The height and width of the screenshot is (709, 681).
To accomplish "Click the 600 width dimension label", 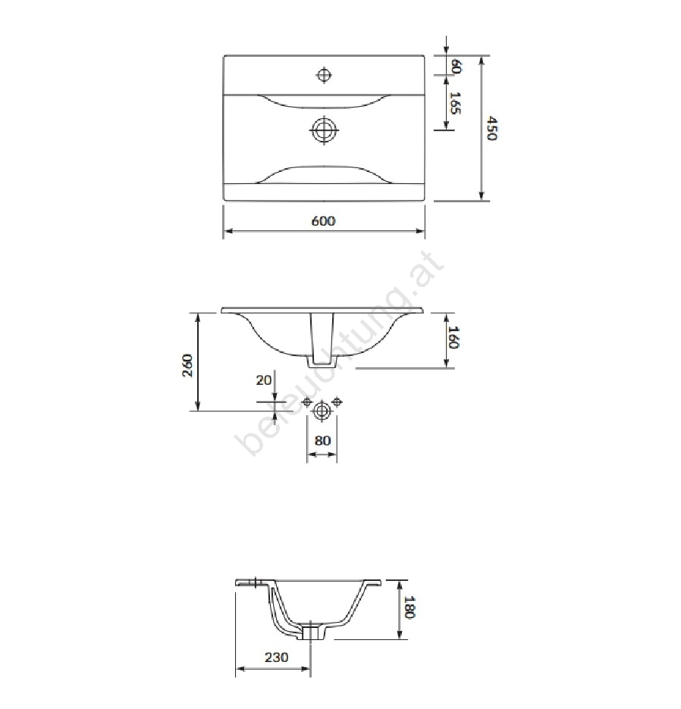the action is point(323,221).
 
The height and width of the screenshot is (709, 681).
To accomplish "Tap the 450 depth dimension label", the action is point(492,128).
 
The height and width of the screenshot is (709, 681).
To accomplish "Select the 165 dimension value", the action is point(455,103).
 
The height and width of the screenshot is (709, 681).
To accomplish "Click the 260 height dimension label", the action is point(187,365).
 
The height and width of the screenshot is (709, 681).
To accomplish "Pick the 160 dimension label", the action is point(453,337).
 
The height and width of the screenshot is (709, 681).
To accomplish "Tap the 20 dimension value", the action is point(264,379).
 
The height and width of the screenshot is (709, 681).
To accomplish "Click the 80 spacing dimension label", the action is point(322,440).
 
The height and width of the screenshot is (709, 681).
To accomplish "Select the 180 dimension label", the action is point(409,607).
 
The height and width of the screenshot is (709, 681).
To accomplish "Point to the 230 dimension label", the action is point(276,657).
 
